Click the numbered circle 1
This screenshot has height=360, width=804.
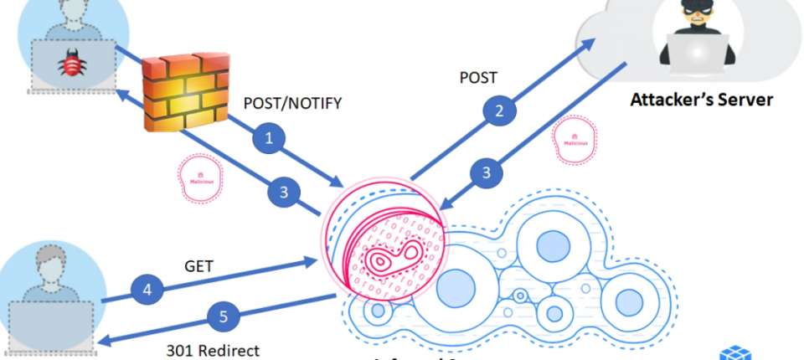pos(269,139)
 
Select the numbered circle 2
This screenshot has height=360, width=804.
pos(499,110)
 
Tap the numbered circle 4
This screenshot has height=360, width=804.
pos(147,291)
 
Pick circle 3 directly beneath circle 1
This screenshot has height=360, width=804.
pos(283,193)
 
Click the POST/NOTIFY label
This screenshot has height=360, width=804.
pos(292,104)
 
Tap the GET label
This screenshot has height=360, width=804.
pos(198,266)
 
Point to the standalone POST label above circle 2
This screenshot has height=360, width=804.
pos(478,78)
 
